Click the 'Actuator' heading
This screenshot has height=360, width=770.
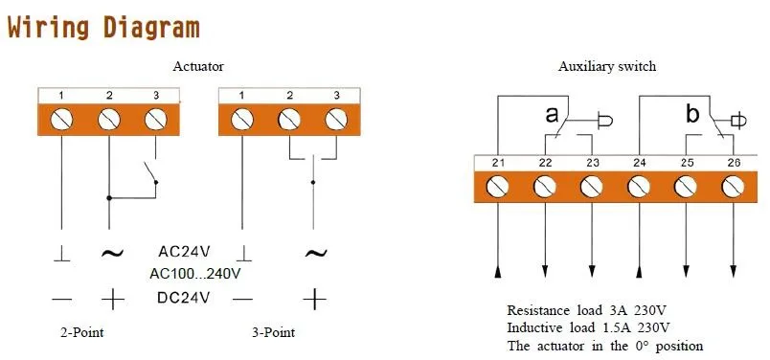(198, 66)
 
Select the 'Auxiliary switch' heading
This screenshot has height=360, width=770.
(607, 66)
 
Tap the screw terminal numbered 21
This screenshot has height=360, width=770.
(499, 186)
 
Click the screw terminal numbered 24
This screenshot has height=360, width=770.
(639, 186)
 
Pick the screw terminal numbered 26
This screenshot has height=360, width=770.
(733, 186)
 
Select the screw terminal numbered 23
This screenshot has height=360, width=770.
(593, 186)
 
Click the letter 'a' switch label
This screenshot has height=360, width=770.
(552, 115)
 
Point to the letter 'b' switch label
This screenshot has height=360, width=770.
(692, 115)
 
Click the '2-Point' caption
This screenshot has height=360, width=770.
(81, 332)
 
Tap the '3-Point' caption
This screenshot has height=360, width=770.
(272, 332)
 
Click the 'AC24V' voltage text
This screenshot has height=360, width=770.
(185, 253)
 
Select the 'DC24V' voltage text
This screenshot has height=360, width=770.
(185, 298)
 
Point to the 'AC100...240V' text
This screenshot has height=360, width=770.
(194, 274)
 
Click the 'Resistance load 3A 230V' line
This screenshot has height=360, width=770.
(588, 311)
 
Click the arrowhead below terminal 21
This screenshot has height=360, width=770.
(499, 273)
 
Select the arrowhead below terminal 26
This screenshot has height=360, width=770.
(733, 273)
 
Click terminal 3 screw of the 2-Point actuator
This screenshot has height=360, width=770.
(155, 120)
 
